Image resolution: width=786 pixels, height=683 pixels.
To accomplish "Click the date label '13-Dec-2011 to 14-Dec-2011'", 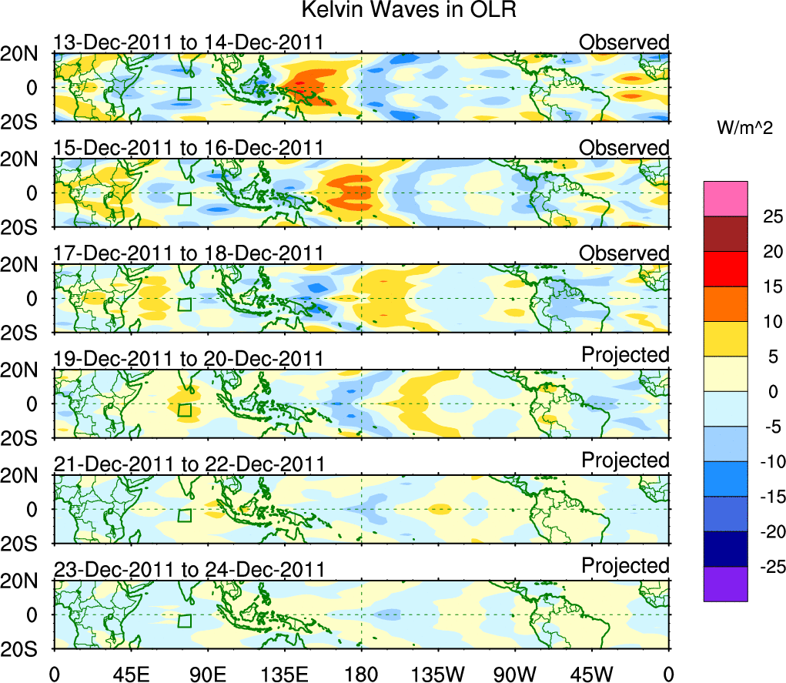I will click(188, 42).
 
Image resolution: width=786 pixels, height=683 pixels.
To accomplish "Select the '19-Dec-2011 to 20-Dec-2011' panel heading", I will click(188, 358).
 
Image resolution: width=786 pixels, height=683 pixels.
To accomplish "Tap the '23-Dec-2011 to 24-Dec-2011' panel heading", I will click(188, 570).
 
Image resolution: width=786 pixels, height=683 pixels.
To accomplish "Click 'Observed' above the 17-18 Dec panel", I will click(624, 253).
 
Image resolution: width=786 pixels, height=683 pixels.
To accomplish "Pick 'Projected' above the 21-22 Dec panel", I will click(625, 460).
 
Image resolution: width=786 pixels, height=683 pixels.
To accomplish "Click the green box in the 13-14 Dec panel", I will click(183, 94).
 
